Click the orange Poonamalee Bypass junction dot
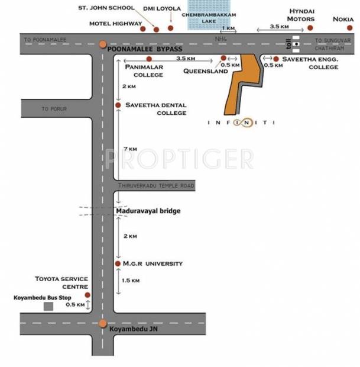coord(103,44)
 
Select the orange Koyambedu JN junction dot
coord(103,324)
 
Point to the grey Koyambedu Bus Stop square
coord(49,306)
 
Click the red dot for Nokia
coord(343,27)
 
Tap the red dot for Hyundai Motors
coord(310,27)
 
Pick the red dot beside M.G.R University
coord(118,263)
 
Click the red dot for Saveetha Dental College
coord(118,105)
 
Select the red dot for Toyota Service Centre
coord(87,294)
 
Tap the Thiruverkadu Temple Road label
coord(156,186)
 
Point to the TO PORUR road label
coord(54,110)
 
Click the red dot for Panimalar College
coord(149,59)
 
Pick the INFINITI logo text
coord(242,123)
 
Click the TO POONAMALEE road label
coord(46,40)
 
